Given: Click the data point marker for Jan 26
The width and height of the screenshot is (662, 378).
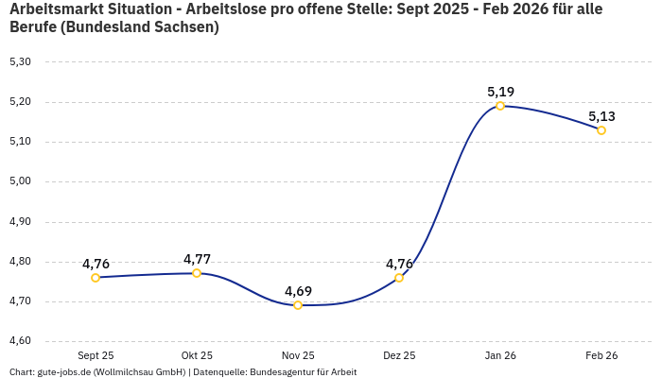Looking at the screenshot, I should pos(500,106).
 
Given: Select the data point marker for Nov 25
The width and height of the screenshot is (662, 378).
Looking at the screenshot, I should pos(298,305).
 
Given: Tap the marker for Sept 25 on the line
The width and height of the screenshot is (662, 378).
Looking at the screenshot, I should pos(96,278).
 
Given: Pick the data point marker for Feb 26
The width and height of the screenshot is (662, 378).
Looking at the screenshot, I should pos(601,130).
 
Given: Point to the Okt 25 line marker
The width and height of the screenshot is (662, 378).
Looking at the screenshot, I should pos(197,273).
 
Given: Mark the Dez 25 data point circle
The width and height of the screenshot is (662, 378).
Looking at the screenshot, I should pos(399,278).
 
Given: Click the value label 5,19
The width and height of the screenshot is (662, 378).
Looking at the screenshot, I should pos(500,92).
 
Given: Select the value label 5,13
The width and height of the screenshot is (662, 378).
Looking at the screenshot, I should pos(601,116).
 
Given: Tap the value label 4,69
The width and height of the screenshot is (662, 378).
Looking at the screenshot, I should pos(298,291).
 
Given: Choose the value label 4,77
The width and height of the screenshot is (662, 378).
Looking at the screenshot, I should pos(197,259).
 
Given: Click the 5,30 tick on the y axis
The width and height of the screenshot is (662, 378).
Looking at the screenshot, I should pos(20,62).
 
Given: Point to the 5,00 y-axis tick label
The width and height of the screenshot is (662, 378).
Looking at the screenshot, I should pos(20,182).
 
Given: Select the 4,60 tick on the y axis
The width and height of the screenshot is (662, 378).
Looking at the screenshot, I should pos(20,341).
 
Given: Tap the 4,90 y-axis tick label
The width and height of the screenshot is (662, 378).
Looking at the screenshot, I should pos(20,222).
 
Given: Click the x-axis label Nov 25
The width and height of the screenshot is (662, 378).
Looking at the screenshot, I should pos(298,356).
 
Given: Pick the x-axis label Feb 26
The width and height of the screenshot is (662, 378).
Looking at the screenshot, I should pos(601,356).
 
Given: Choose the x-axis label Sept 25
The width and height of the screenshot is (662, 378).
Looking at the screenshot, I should pos(96,356).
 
